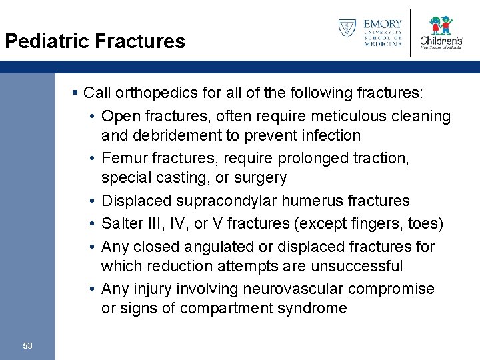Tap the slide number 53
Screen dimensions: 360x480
27,345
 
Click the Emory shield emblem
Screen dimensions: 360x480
347,29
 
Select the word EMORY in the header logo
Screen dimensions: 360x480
383,24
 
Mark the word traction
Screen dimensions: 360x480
378,158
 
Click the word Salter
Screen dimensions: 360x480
121,223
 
